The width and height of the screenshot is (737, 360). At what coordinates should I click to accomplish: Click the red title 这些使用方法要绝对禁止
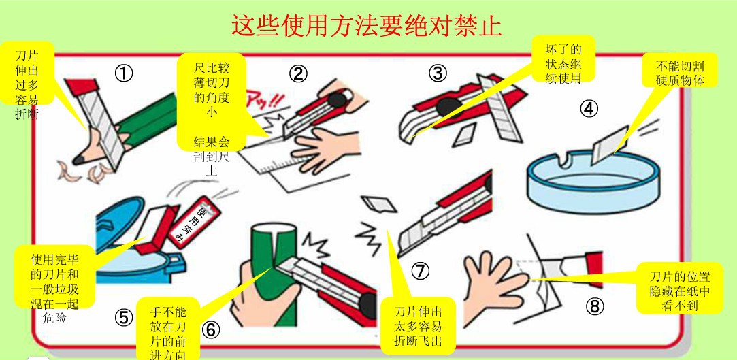(367, 25)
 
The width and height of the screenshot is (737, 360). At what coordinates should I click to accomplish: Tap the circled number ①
(124, 73)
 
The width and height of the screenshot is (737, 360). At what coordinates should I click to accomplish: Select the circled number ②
(298, 73)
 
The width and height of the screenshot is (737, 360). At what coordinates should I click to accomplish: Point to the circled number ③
(438, 73)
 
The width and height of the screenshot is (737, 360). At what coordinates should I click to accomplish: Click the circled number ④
(589, 109)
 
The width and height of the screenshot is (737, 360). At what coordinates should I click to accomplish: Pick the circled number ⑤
(124, 318)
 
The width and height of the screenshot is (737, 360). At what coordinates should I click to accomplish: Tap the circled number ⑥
(210, 330)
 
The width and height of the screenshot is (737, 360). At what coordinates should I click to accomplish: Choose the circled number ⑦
(421, 270)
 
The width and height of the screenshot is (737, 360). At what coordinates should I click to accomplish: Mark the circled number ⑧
(594, 307)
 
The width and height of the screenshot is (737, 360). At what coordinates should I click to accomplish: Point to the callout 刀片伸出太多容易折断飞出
(418, 326)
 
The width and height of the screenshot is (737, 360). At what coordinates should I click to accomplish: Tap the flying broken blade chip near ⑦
(379, 203)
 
